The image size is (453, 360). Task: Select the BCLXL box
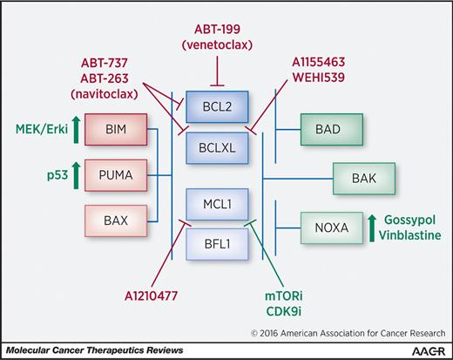(x=223, y=149)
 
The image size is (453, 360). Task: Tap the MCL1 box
(x=223, y=208)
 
